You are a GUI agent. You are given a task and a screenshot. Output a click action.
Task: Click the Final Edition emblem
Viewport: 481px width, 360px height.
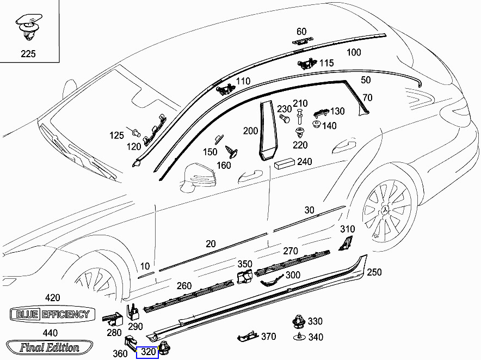pyautogui.click(x=50, y=347)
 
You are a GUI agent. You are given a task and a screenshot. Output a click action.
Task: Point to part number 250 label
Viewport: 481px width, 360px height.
pyautogui.click(x=374, y=272)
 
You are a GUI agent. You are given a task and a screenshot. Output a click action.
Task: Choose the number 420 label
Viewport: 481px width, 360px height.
pyautogui.click(x=52, y=298)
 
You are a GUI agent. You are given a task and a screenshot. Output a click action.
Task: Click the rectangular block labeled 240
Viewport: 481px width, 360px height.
pyautogui.click(x=285, y=163)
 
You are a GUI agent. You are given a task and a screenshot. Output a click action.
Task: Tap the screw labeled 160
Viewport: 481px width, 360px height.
pyautogui.click(x=233, y=150)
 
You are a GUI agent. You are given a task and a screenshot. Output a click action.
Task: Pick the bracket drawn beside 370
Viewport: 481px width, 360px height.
pyautogui.click(x=247, y=337)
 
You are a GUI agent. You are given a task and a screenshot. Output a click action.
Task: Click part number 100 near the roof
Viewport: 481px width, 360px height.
pyautogui.click(x=354, y=52)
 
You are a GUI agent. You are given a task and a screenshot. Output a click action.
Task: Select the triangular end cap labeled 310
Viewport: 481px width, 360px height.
pyautogui.click(x=345, y=245)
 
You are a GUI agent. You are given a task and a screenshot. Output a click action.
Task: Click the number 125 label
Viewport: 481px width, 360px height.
pyautogui.click(x=117, y=136)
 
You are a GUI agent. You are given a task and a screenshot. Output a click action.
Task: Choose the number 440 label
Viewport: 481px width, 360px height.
pyautogui.click(x=50, y=333)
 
